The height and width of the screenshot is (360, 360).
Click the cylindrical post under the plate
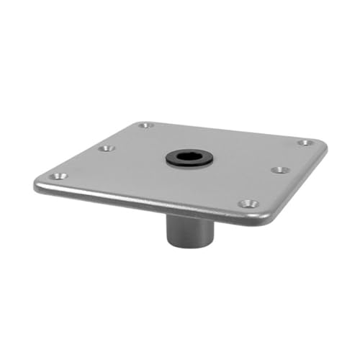(189, 229)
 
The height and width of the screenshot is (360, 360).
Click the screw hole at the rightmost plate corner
(305, 143)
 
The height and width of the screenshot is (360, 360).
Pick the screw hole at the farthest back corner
(146, 125)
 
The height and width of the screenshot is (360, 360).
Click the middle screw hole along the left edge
(107, 148)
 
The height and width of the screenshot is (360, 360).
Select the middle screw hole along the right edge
(279, 170)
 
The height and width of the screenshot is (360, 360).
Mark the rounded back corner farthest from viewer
(141, 122)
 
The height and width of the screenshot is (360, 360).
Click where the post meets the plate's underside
(189, 215)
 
